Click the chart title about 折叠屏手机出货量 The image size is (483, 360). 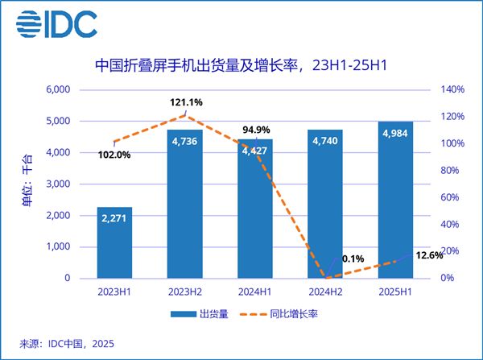[242, 64]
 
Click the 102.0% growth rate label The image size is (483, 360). [113, 155]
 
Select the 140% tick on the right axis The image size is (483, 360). [452, 89]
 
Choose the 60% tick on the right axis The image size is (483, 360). [451, 197]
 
